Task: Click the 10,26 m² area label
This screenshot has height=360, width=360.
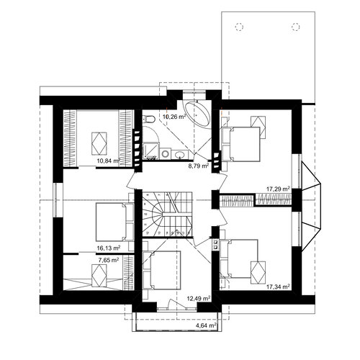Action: pos(175,117)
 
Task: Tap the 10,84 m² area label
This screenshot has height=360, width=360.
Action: pos(108,161)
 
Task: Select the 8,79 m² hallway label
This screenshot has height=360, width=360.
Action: pos(198,166)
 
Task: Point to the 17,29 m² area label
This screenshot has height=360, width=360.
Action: pos(278,189)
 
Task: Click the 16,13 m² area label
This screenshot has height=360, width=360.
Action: pos(109,248)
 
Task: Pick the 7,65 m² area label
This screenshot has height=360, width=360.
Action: pos(109,260)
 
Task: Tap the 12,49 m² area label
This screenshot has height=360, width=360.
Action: pos(199,299)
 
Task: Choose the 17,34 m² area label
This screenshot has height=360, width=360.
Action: pos(278,287)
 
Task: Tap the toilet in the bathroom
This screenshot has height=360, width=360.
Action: pos(149,119)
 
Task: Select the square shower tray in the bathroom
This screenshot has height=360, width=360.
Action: pos(151,150)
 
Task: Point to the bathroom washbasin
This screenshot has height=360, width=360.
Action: pos(180,154)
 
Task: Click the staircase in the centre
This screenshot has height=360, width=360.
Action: pos(167,214)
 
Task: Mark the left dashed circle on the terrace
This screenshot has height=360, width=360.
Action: pos(239,27)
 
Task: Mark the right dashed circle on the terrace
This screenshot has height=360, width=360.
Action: pos(296,27)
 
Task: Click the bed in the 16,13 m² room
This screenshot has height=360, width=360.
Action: pos(115,222)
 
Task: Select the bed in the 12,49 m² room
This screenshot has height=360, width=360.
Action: pos(161,271)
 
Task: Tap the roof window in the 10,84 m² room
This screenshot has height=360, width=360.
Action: pos(99,143)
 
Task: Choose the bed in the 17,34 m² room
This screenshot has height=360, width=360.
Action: pos(239,258)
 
